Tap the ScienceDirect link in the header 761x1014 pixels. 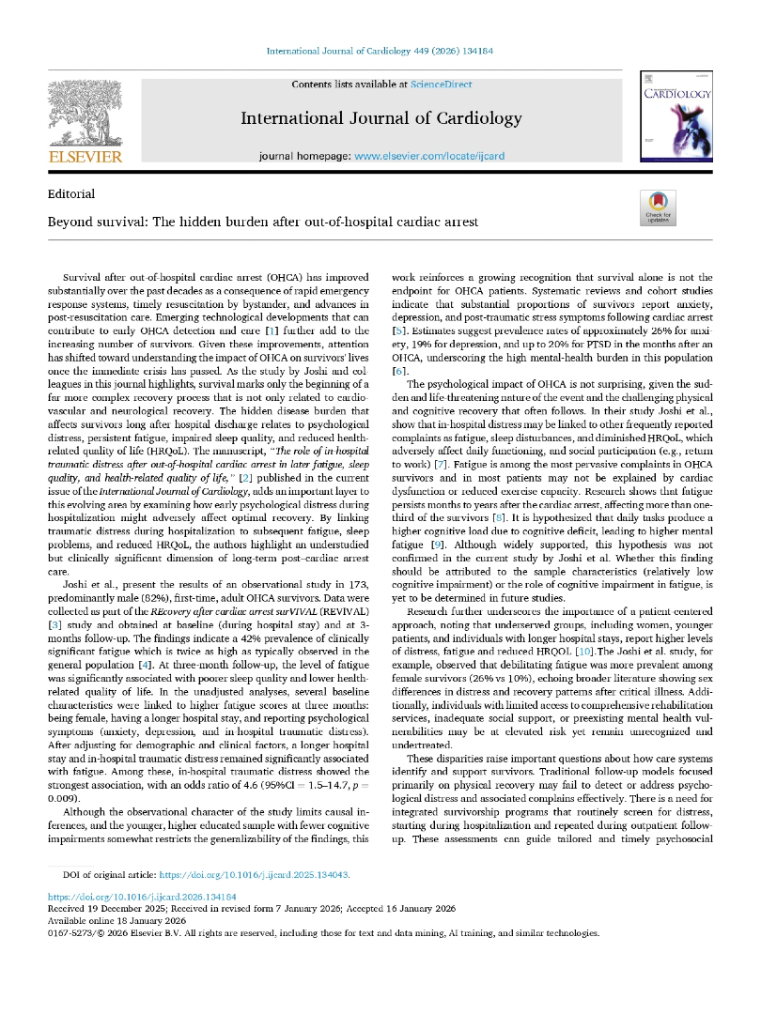point(441,84)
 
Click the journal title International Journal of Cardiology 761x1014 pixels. point(380,118)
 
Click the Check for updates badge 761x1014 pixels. point(657,207)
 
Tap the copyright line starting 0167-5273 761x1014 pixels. point(323,933)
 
